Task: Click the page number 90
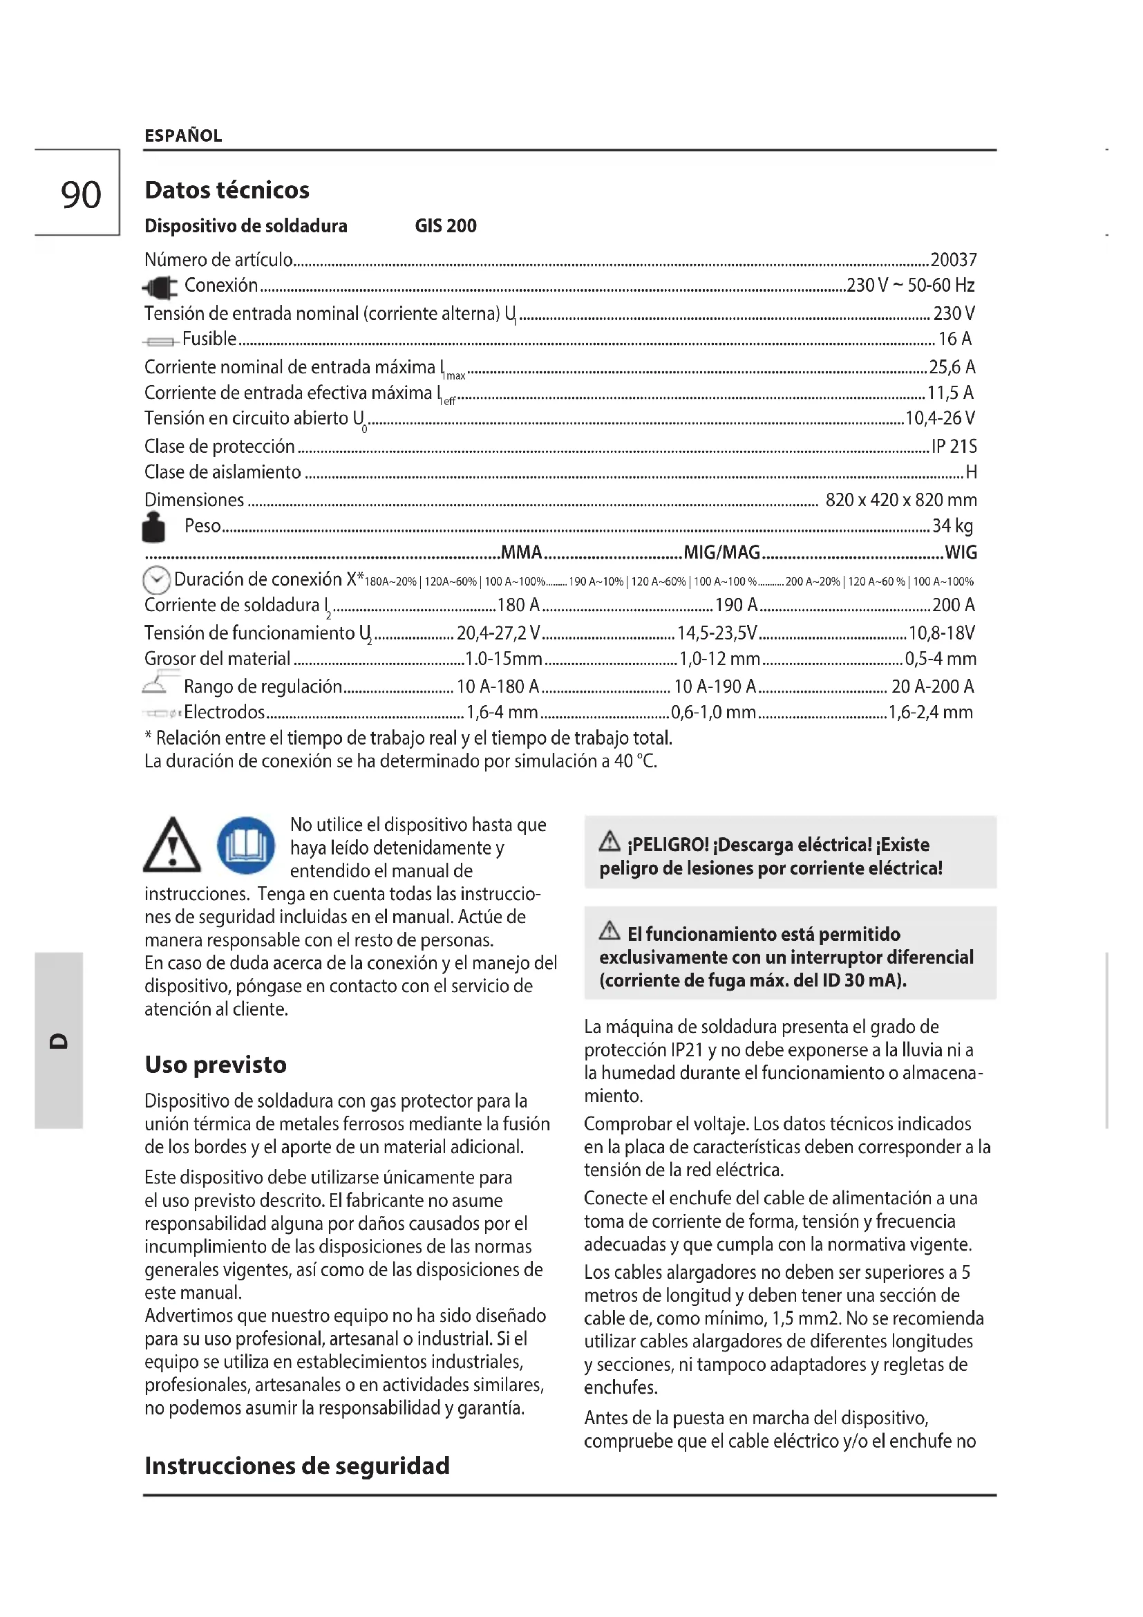[81, 194]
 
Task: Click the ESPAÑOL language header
[183, 135]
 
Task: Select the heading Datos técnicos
[227, 190]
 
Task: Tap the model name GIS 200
[446, 226]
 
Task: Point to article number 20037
[953, 260]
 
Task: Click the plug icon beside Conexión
[160, 288]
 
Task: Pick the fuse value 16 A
[954, 339]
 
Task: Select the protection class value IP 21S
[954, 447]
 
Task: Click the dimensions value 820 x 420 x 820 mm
[901, 500]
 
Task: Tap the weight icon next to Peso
[153, 527]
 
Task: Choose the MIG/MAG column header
[722, 553]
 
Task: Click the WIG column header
[961, 553]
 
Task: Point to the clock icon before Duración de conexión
[156, 580]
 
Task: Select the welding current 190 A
[736, 605]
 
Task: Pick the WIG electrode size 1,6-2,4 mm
[930, 713]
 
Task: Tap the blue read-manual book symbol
[245, 845]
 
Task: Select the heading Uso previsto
[216, 1065]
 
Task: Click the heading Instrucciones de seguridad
[296, 1466]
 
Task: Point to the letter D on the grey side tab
[59, 1041]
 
